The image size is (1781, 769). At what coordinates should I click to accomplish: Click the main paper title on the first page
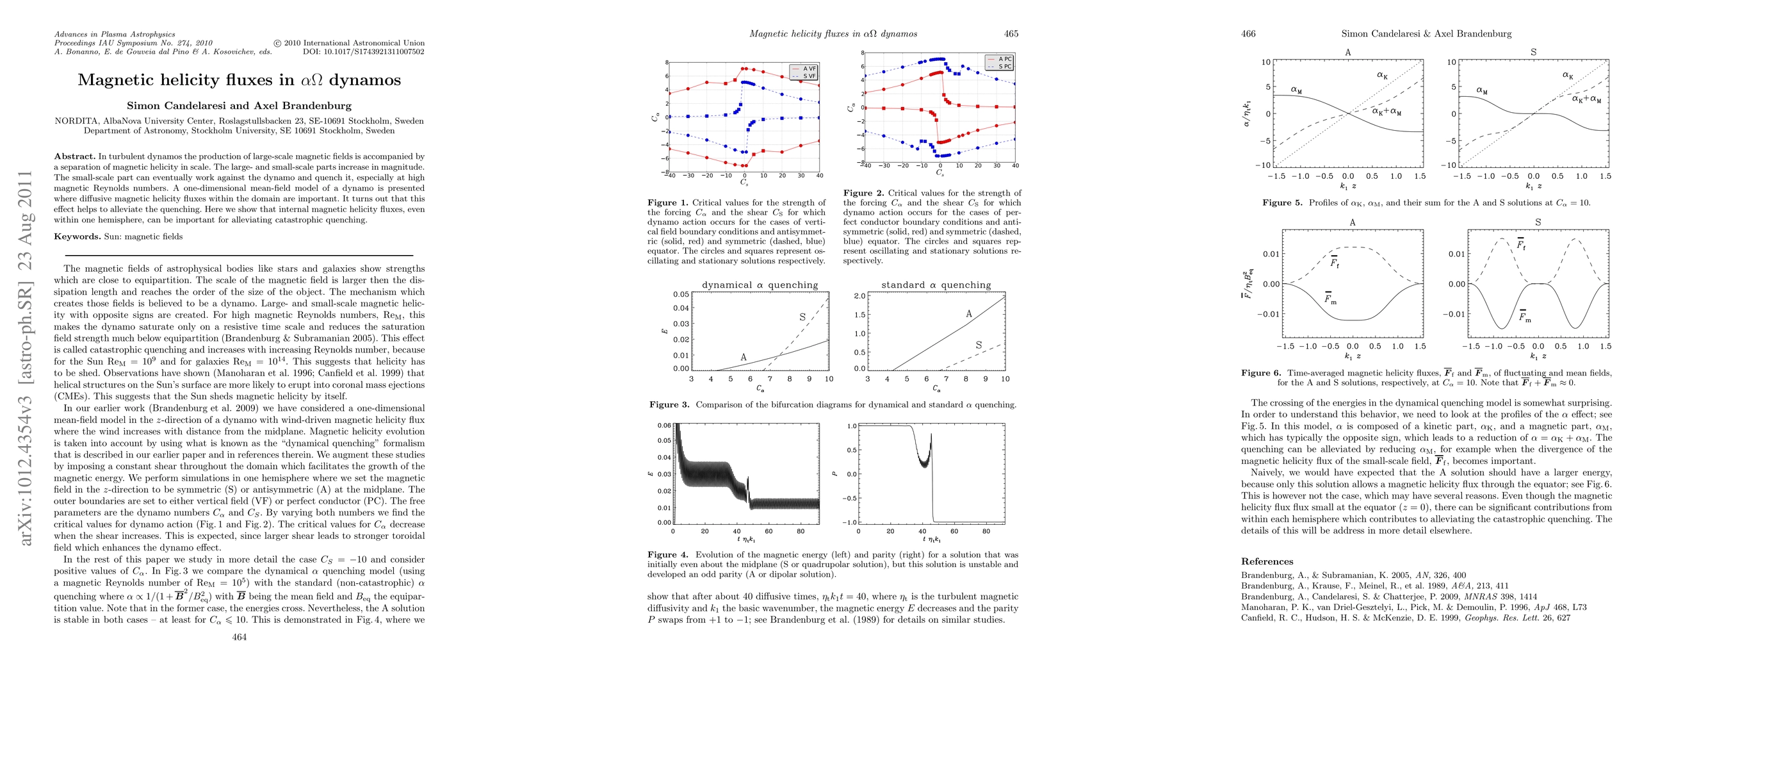click(240, 80)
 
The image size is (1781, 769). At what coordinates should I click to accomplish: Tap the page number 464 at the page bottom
click(240, 638)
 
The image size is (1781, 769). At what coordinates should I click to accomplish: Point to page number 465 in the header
click(1011, 33)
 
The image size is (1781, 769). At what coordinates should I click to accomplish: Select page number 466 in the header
click(1248, 33)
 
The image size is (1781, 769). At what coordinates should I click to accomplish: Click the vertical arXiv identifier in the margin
click(26, 358)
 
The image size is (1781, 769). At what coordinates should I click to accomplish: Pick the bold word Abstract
click(75, 156)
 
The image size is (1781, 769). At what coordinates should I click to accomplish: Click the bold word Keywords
click(77, 236)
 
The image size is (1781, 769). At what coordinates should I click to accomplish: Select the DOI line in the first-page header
click(363, 52)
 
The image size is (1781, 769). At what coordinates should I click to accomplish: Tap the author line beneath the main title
click(240, 106)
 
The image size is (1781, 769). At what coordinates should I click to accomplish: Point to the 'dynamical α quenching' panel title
click(760, 285)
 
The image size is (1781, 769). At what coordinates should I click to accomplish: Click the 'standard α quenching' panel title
click(936, 285)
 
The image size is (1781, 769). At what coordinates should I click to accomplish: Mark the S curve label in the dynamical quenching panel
click(802, 317)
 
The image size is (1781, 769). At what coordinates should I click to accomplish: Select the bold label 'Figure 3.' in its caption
click(669, 404)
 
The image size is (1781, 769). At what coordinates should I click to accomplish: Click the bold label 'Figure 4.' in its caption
click(668, 554)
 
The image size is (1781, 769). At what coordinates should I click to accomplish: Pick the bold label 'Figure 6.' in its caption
click(1261, 373)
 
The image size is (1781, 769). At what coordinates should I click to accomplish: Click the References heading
click(1267, 561)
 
